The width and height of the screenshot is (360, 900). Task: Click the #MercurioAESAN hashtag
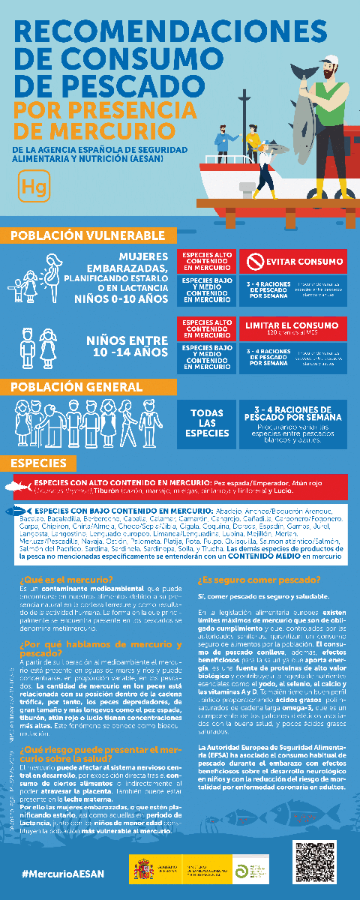pos(63,874)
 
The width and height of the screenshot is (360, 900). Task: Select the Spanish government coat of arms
pos(143,871)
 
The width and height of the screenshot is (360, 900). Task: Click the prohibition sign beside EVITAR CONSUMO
pos(255,262)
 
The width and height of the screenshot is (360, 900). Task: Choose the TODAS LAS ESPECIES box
pos(206,423)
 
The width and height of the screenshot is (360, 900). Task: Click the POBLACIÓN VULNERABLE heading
pos(88,235)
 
